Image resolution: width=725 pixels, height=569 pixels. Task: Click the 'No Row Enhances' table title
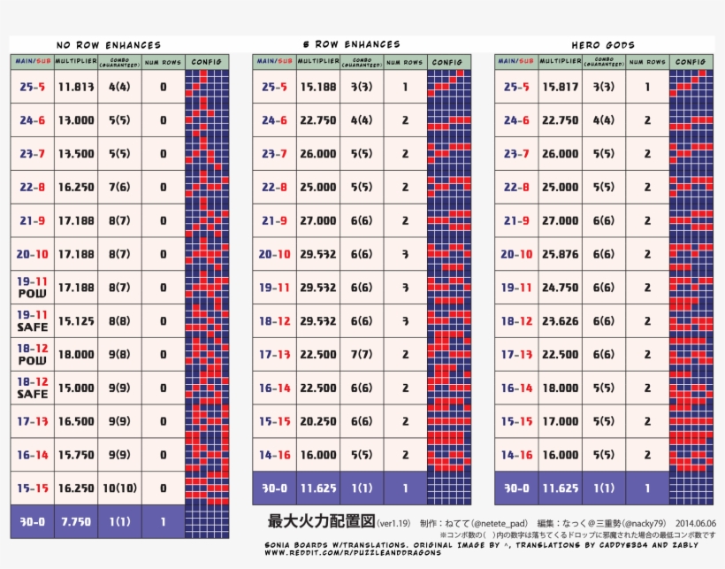pos(109,45)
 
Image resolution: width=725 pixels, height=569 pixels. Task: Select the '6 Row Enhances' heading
pos(351,44)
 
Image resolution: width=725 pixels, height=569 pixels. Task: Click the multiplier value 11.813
pos(76,87)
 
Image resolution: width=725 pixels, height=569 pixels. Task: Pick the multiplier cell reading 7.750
pos(76,522)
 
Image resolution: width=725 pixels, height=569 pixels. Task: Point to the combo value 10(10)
pos(119,488)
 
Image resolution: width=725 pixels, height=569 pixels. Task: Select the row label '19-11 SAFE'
pos(32,320)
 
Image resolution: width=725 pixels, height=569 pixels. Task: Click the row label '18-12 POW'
pos(32,354)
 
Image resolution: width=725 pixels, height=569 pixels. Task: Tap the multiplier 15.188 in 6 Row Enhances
pos(318,87)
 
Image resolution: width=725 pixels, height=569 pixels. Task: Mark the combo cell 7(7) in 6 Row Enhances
pos(361,354)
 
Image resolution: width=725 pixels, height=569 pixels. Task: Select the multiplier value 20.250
pos(318,421)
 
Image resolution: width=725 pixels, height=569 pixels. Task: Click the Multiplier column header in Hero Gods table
pos(560,62)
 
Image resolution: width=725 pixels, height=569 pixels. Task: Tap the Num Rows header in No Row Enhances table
pos(163,62)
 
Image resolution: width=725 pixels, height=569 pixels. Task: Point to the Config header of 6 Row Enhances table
pos(448,62)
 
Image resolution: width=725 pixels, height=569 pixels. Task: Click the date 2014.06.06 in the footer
pos(695,522)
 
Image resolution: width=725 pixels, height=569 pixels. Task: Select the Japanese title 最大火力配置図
pos(322,520)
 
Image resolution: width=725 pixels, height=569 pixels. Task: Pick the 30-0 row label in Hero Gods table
pos(516,488)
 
